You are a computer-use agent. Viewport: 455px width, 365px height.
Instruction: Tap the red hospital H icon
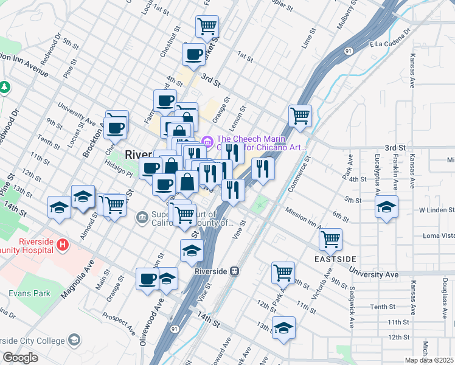click(x=61, y=245)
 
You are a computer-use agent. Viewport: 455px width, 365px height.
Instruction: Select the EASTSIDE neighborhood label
click(x=335, y=259)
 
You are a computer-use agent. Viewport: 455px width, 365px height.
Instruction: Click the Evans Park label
click(x=29, y=293)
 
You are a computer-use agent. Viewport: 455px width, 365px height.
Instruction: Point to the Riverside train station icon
click(x=234, y=271)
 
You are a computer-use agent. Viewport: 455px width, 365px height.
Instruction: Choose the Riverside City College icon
click(x=74, y=339)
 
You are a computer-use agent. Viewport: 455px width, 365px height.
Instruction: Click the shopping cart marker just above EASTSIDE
click(x=330, y=238)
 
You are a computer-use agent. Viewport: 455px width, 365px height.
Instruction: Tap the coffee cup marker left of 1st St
click(x=193, y=54)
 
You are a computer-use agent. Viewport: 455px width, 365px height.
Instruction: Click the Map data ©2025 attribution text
click(x=429, y=360)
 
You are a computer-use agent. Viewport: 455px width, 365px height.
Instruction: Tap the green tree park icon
click(x=5, y=87)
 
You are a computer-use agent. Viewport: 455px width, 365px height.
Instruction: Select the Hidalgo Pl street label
click(x=117, y=172)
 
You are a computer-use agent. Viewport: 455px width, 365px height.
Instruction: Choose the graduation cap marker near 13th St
click(x=283, y=327)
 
